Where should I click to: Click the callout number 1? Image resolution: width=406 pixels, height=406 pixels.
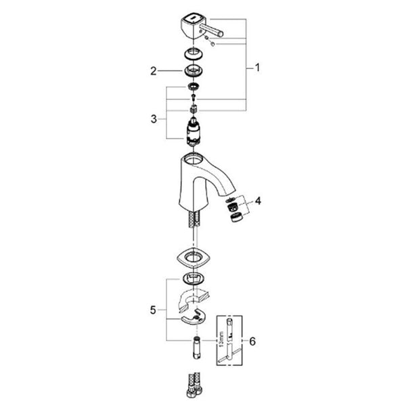click(257, 68)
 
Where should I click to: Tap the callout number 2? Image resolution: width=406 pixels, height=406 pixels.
click(154, 71)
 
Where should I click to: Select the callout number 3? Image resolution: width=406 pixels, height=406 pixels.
click(154, 119)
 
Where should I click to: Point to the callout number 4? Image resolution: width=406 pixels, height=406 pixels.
click(258, 201)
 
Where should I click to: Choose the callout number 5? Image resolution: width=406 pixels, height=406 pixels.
click(153, 310)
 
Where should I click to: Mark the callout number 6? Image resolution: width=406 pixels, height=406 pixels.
click(252, 341)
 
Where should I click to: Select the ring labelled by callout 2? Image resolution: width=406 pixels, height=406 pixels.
click(194, 70)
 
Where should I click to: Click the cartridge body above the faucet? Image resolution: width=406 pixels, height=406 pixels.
click(194, 131)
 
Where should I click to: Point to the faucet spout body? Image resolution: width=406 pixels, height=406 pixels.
click(204, 181)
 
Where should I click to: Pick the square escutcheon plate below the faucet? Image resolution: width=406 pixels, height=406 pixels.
click(194, 258)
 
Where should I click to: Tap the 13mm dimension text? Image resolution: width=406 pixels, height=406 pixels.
click(221, 340)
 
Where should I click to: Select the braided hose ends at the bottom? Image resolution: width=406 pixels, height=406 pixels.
click(194, 385)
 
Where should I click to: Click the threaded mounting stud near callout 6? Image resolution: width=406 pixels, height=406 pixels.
click(197, 348)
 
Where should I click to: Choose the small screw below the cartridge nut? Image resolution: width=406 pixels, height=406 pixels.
click(193, 97)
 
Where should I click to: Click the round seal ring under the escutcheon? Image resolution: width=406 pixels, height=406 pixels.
click(193, 279)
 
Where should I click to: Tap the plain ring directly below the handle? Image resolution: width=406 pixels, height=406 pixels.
click(194, 53)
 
